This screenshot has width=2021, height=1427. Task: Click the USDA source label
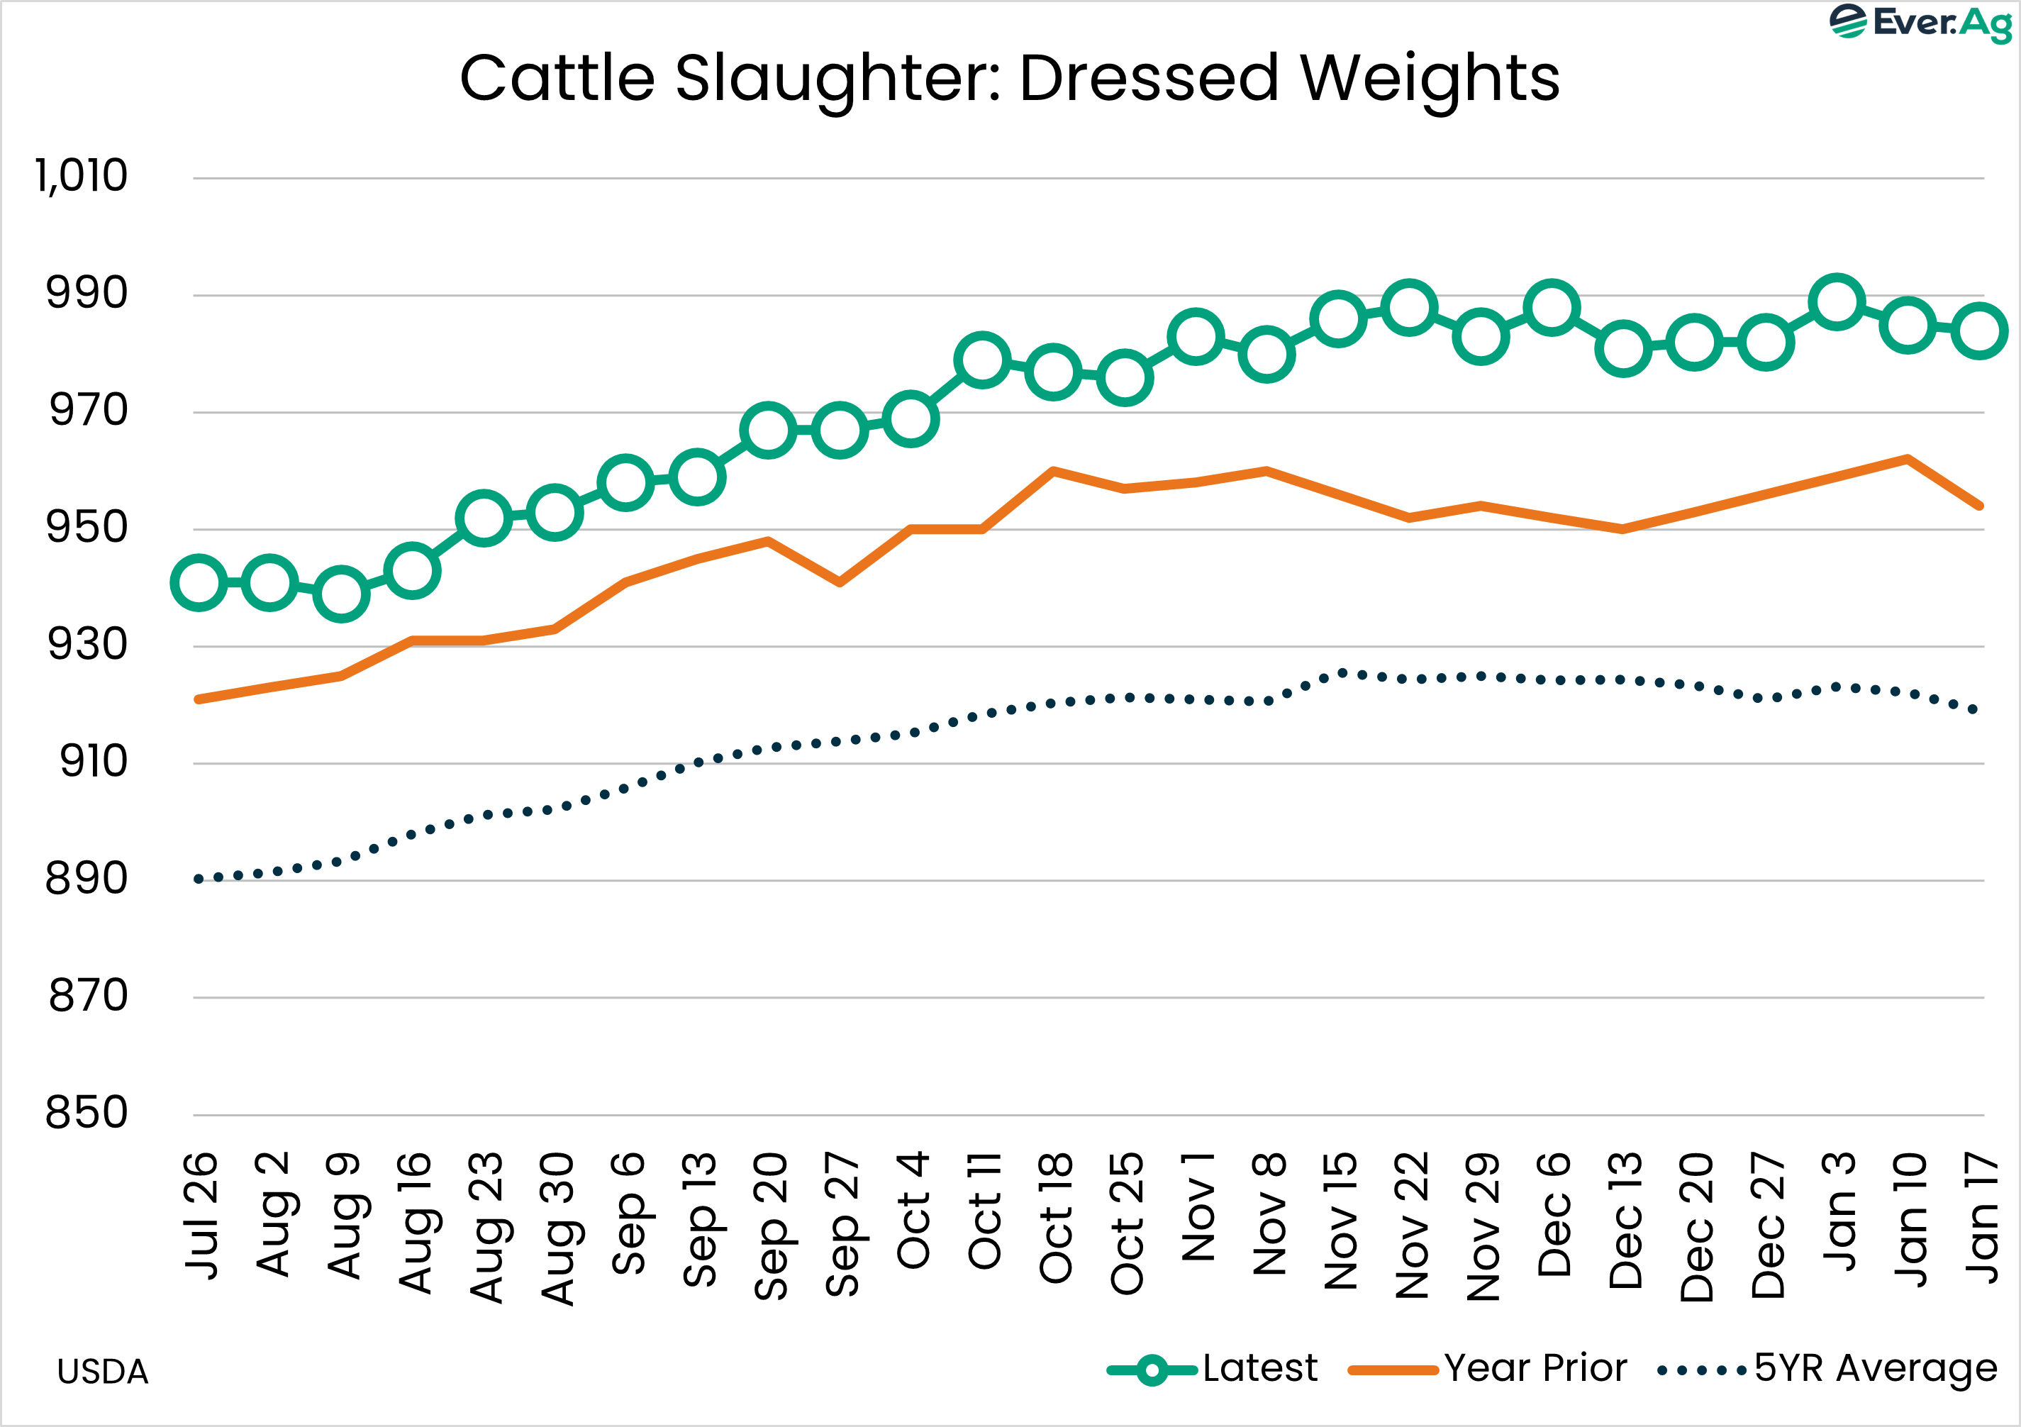point(103,1372)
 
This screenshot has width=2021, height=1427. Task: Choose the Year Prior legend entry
point(1488,1369)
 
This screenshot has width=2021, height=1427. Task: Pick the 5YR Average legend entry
point(1827,1369)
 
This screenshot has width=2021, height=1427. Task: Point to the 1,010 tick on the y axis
point(81,176)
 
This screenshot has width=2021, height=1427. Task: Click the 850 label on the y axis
point(87,1113)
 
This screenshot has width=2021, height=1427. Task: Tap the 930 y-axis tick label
point(87,645)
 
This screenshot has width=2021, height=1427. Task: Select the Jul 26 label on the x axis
point(201,1215)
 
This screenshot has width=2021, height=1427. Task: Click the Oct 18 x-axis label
point(1055,1218)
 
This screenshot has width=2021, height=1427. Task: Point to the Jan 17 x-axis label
point(1981,1218)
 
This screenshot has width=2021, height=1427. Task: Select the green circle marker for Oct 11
point(981,360)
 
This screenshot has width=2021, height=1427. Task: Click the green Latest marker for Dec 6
point(1551,308)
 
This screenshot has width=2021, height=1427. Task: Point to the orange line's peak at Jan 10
point(1907,459)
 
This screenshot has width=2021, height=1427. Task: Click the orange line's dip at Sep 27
point(840,582)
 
